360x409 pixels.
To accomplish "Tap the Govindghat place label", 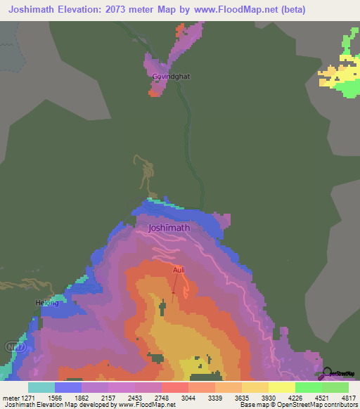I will coord(172,76).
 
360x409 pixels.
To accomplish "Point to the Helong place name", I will coord(47,304).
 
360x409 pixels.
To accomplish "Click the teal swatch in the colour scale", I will coord(41,387).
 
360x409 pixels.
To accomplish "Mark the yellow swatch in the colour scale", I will coord(281,387).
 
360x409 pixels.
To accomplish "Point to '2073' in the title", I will coord(119,10).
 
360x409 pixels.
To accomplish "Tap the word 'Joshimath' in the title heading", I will coord(34,10).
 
